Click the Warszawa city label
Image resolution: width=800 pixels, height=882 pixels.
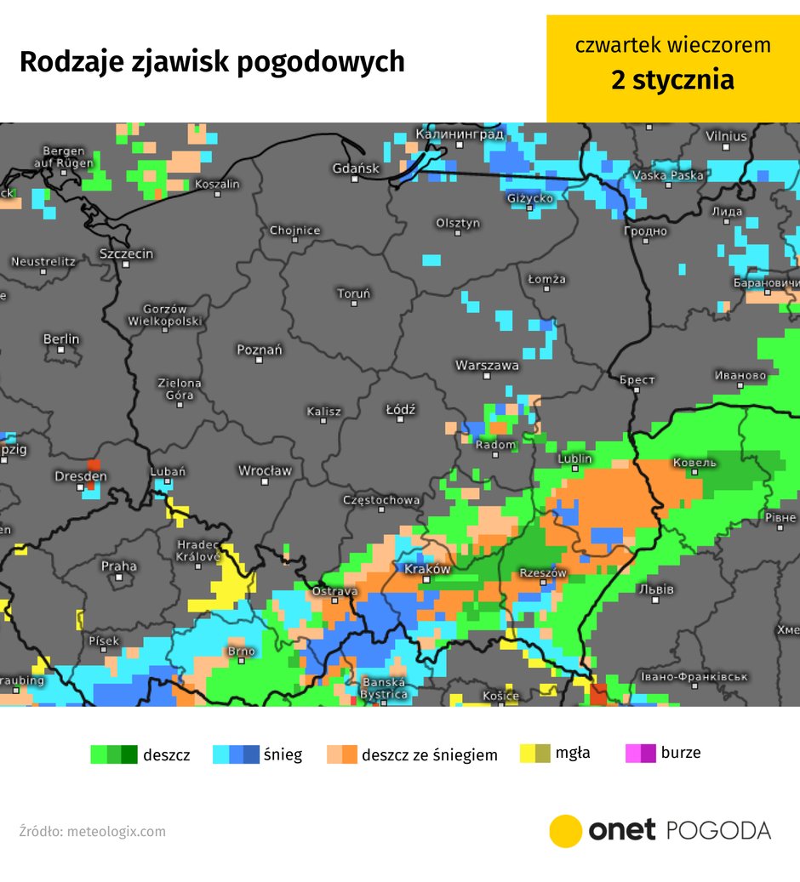click(487, 365)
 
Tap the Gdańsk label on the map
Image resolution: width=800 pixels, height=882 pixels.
click(356, 168)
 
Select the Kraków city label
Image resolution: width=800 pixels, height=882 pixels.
click(427, 569)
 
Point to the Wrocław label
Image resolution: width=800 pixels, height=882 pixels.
click(265, 470)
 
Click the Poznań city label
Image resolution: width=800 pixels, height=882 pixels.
click(259, 350)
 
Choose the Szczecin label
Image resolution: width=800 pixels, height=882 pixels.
click(126, 253)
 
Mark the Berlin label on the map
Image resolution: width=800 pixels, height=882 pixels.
click(61, 339)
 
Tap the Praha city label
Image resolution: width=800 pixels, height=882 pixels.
click(118, 566)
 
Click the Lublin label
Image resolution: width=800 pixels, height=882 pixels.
click(574, 458)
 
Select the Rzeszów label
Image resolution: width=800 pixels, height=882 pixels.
click(543, 573)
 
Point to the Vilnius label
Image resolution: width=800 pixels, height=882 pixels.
click(726, 136)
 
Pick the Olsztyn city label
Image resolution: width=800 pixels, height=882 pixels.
click(458, 223)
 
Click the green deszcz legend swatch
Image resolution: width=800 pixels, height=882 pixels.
click(114, 754)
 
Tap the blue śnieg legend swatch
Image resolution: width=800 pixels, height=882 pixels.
click(236, 754)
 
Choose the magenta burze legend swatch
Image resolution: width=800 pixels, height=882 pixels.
click(640, 753)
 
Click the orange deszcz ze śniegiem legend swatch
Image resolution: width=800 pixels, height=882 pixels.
click(342, 754)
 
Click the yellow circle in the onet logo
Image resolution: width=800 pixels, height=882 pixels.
click(565, 831)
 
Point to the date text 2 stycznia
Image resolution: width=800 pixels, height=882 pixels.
click(672, 80)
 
